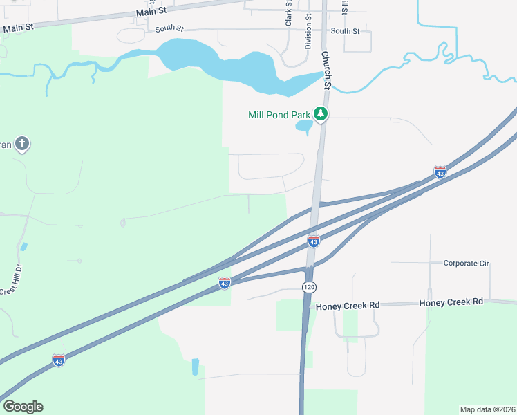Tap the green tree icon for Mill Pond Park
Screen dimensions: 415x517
point(320,113)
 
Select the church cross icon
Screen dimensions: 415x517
point(22,144)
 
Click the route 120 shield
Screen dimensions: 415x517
point(308,286)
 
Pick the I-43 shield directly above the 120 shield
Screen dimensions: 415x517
point(314,241)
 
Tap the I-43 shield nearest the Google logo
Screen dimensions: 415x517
point(59,360)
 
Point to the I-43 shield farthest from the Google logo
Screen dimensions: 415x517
point(440,172)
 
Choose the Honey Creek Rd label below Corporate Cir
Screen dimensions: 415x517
point(451,302)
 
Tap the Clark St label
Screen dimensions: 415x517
point(289,14)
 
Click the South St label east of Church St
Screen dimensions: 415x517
point(345,31)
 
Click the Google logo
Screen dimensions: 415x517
point(23,407)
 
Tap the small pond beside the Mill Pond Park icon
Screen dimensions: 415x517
point(303,127)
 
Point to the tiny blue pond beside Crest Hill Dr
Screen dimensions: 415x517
point(24,246)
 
